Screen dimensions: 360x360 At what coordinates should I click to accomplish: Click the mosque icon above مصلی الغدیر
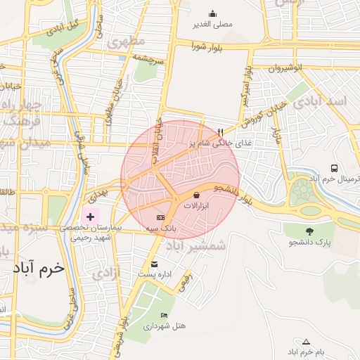click(213, 13)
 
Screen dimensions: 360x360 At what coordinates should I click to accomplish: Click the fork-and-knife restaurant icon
click(221, 131)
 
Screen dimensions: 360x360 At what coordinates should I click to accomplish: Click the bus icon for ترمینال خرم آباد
click(334, 169)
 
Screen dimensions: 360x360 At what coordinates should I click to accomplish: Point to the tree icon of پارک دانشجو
click(310, 231)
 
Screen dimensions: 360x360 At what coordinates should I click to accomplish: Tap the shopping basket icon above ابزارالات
click(195, 194)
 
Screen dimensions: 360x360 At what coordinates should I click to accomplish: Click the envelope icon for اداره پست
click(154, 264)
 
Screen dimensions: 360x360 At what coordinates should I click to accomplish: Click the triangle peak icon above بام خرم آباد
click(306, 342)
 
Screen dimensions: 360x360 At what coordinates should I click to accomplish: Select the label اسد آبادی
click(328, 102)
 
